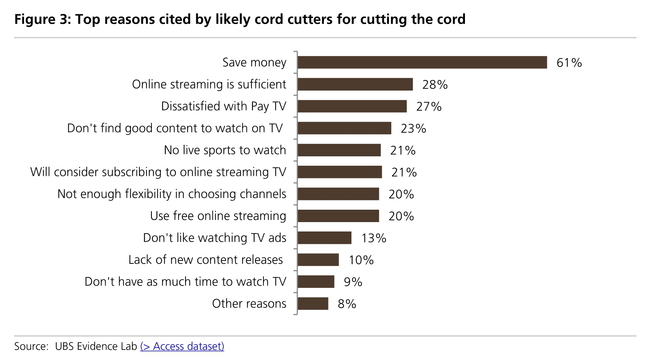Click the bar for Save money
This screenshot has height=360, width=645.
pyautogui.click(x=422, y=62)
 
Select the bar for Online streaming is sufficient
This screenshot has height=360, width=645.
pyautogui.click(x=355, y=85)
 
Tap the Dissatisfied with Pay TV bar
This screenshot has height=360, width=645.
pyautogui.click(x=352, y=106)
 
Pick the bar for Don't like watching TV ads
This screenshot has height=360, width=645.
pyautogui.click(x=324, y=238)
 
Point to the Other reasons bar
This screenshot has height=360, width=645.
pyautogui.click(x=313, y=304)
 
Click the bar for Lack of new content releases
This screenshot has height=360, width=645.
pyautogui.click(x=318, y=260)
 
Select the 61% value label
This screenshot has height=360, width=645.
pyautogui.click(x=569, y=63)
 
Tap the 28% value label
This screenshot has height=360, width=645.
pyautogui.click(x=435, y=85)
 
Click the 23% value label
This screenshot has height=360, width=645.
pyautogui.click(x=413, y=129)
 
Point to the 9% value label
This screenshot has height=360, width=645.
pyautogui.click(x=353, y=282)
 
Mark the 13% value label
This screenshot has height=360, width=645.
pyautogui.click(x=374, y=238)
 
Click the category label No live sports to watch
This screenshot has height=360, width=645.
pyautogui.click(x=225, y=150)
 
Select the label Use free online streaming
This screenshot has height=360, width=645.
pyautogui.click(x=218, y=216)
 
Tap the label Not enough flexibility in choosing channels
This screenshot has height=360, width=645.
pyautogui.click(x=172, y=194)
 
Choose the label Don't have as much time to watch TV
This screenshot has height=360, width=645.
pyautogui.click(x=185, y=282)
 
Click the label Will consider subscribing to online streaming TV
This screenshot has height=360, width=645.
pyautogui.click(x=158, y=172)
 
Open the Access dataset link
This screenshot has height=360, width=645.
pyautogui.click(x=182, y=346)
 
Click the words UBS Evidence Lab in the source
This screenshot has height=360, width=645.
pyautogui.click(x=96, y=346)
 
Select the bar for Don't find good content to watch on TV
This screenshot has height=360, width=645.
pyautogui.click(x=344, y=128)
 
